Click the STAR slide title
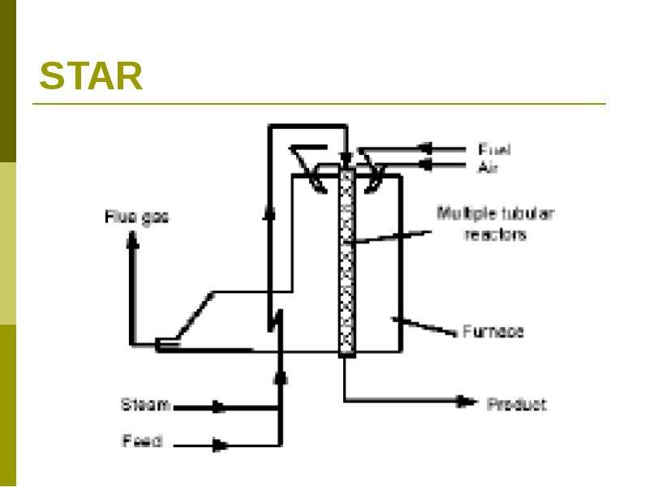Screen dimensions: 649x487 click(x=91, y=75)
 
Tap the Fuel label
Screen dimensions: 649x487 click(x=494, y=149)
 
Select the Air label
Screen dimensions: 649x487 click(x=488, y=167)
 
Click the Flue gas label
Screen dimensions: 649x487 click(x=136, y=218)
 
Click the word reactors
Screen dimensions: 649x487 click(x=496, y=235)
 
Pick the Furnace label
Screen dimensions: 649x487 click(x=493, y=331)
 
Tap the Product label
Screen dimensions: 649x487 click(x=517, y=403)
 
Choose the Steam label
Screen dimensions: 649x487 click(x=146, y=404)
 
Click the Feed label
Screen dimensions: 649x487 click(x=142, y=441)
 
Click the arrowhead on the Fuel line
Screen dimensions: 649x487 click(x=426, y=149)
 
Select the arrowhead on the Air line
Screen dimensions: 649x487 click(x=426, y=165)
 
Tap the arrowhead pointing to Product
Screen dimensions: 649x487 click(x=466, y=401)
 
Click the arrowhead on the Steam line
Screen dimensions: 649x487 click(x=219, y=407)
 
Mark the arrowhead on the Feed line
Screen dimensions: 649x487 click(x=220, y=445)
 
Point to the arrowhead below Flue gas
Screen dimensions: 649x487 click(x=132, y=240)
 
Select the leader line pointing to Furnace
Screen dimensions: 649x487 click(x=423, y=325)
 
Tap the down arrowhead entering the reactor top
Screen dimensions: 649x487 click(x=346, y=159)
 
